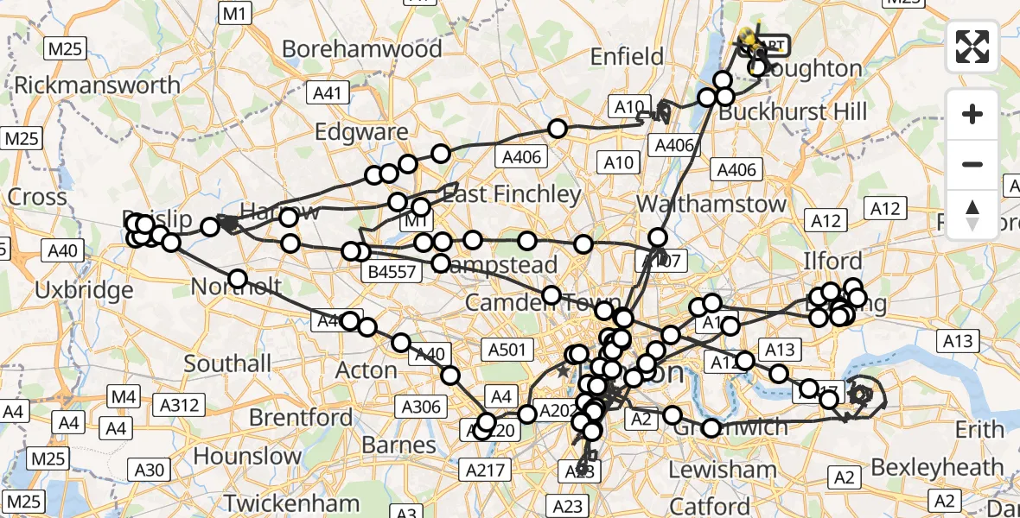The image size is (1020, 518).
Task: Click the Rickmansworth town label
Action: point(98,85)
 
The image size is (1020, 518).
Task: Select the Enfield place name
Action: point(627,57)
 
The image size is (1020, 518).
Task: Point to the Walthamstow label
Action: point(711,205)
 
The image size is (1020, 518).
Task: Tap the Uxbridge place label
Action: point(85,290)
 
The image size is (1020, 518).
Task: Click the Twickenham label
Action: point(292,502)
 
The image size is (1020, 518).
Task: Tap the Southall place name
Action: point(228,363)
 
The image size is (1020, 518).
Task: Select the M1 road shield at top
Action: point(235,13)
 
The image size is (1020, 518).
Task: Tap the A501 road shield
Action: point(507,349)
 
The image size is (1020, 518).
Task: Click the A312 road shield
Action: point(179,404)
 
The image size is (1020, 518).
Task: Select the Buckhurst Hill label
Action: point(793,111)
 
